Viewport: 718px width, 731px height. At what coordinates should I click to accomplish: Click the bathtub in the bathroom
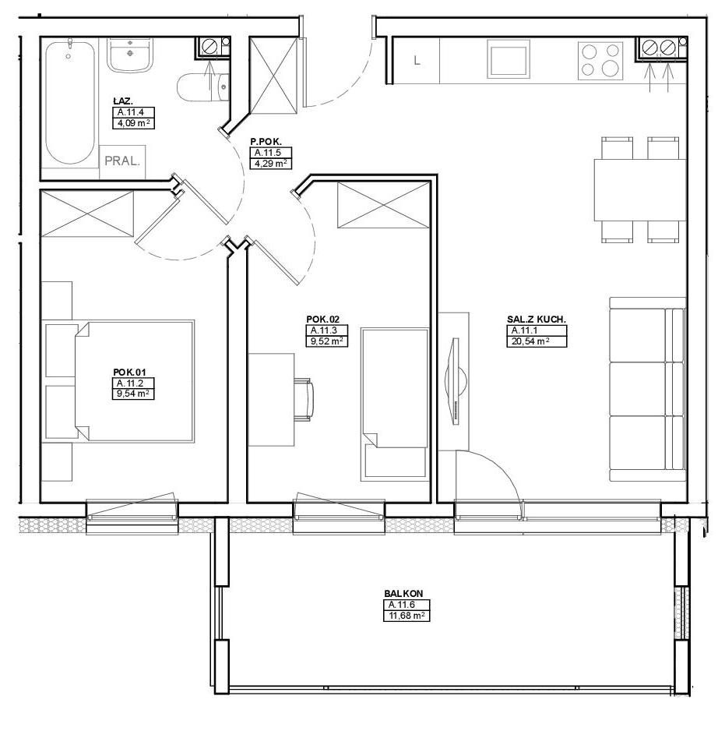pos(70,103)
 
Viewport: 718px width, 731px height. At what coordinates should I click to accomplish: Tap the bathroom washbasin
pos(130,55)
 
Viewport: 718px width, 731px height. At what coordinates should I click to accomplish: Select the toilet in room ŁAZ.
pos(203,87)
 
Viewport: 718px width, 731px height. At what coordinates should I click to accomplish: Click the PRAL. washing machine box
pos(122,162)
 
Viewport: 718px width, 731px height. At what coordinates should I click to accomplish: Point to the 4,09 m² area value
pos(133,124)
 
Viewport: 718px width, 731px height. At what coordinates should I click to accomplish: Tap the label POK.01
pos(129,372)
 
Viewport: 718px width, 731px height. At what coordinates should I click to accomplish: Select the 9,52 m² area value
pos(326,341)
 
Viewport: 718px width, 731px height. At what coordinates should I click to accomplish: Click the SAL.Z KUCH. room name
pos(537,320)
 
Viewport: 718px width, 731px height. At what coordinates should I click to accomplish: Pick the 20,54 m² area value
pos(537,341)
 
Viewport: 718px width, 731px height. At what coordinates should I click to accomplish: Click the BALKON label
pos(403,594)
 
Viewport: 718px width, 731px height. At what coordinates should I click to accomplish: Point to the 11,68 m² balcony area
pos(407,616)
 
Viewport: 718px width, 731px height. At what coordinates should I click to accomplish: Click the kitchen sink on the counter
pos(509,58)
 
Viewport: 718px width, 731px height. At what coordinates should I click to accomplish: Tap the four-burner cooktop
pos(600,61)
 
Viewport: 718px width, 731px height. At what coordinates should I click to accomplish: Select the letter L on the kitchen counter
pos(417,60)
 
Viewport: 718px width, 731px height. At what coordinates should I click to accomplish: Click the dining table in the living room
pos(639,189)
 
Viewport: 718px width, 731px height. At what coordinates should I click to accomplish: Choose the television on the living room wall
pos(456,381)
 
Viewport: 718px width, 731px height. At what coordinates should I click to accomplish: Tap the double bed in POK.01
pos(134,381)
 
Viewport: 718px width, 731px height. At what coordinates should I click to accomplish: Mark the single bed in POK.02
pos(395,404)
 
